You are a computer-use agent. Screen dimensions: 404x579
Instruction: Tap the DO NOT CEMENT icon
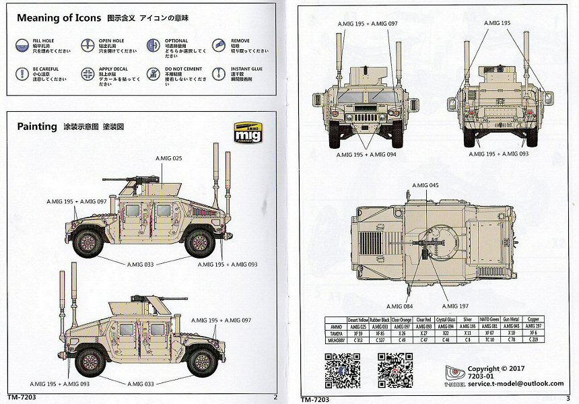153,73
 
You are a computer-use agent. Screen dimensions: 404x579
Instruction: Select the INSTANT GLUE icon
218,73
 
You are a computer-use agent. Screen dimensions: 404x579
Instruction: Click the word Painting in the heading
37,127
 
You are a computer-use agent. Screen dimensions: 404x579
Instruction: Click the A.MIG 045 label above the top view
425,185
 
